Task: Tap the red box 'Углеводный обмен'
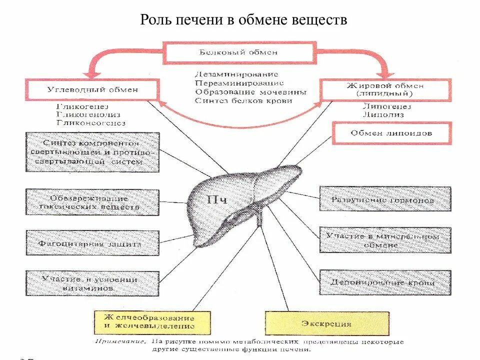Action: pyautogui.click(x=92, y=90)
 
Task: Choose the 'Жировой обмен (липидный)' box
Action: pyautogui.click(x=385, y=89)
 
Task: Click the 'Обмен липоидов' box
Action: pyautogui.click(x=391, y=133)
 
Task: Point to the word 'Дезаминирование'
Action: pyautogui.click(x=232, y=74)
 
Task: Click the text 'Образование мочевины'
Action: pyautogui.click(x=250, y=92)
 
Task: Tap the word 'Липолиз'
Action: pyautogui.click(x=383, y=114)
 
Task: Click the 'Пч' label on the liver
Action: pyautogui.click(x=217, y=200)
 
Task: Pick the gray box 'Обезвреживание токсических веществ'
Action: pyautogui.click(x=92, y=202)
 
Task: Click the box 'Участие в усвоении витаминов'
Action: pyautogui.click(x=92, y=283)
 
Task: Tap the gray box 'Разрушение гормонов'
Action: pyautogui.click(x=384, y=199)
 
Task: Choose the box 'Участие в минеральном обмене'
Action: pyautogui.click(x=384, y=240)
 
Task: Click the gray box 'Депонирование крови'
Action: pyautogui.click(x=384, y=282)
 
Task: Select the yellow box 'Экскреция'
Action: pyautogui.click(x=326, y=323)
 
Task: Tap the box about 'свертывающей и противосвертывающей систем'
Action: pyautogui.click(x=92, y=152)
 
